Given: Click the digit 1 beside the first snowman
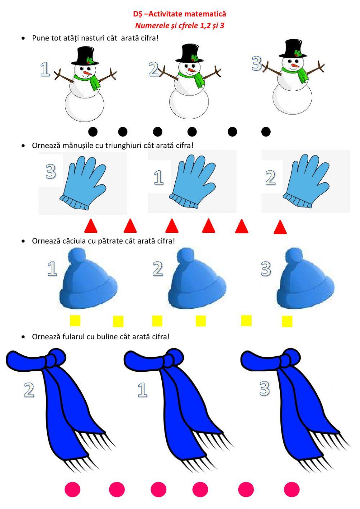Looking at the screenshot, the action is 45,69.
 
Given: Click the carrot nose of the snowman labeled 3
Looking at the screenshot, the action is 296,66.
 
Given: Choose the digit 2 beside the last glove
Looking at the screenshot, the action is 270,177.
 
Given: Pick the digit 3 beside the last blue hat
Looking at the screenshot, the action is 266,269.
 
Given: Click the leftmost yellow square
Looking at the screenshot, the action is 75,321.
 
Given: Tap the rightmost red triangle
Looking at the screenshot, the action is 280,227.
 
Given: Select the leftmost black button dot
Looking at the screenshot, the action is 93,131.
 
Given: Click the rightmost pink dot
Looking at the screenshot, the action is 292,489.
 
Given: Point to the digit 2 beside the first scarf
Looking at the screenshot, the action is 29,390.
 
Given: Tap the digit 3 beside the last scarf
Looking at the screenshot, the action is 264,388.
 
